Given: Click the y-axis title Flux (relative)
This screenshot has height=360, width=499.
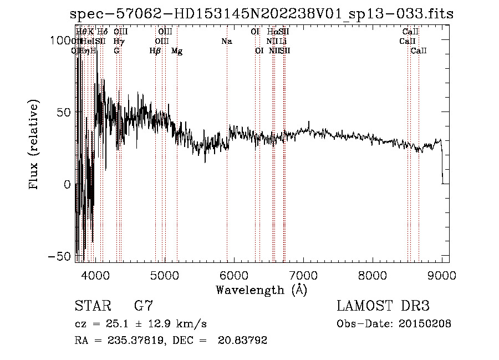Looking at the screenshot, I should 34,146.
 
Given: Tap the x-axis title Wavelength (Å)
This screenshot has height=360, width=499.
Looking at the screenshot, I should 261,290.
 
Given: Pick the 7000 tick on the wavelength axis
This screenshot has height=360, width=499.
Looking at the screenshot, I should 303,275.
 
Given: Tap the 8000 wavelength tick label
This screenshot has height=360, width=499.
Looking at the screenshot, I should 373,275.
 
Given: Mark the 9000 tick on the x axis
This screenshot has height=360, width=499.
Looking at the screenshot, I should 442,275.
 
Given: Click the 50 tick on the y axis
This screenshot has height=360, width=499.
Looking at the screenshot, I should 64,112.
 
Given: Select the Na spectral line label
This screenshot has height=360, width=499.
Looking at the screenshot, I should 226,41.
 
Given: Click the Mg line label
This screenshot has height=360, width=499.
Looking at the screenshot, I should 177,51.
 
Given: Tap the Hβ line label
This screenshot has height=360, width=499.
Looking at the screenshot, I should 155,51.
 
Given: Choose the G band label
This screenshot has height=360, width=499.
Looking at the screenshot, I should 116,51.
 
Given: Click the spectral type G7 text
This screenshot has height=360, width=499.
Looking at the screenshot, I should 144,306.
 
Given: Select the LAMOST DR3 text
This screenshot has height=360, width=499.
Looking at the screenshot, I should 383,306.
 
